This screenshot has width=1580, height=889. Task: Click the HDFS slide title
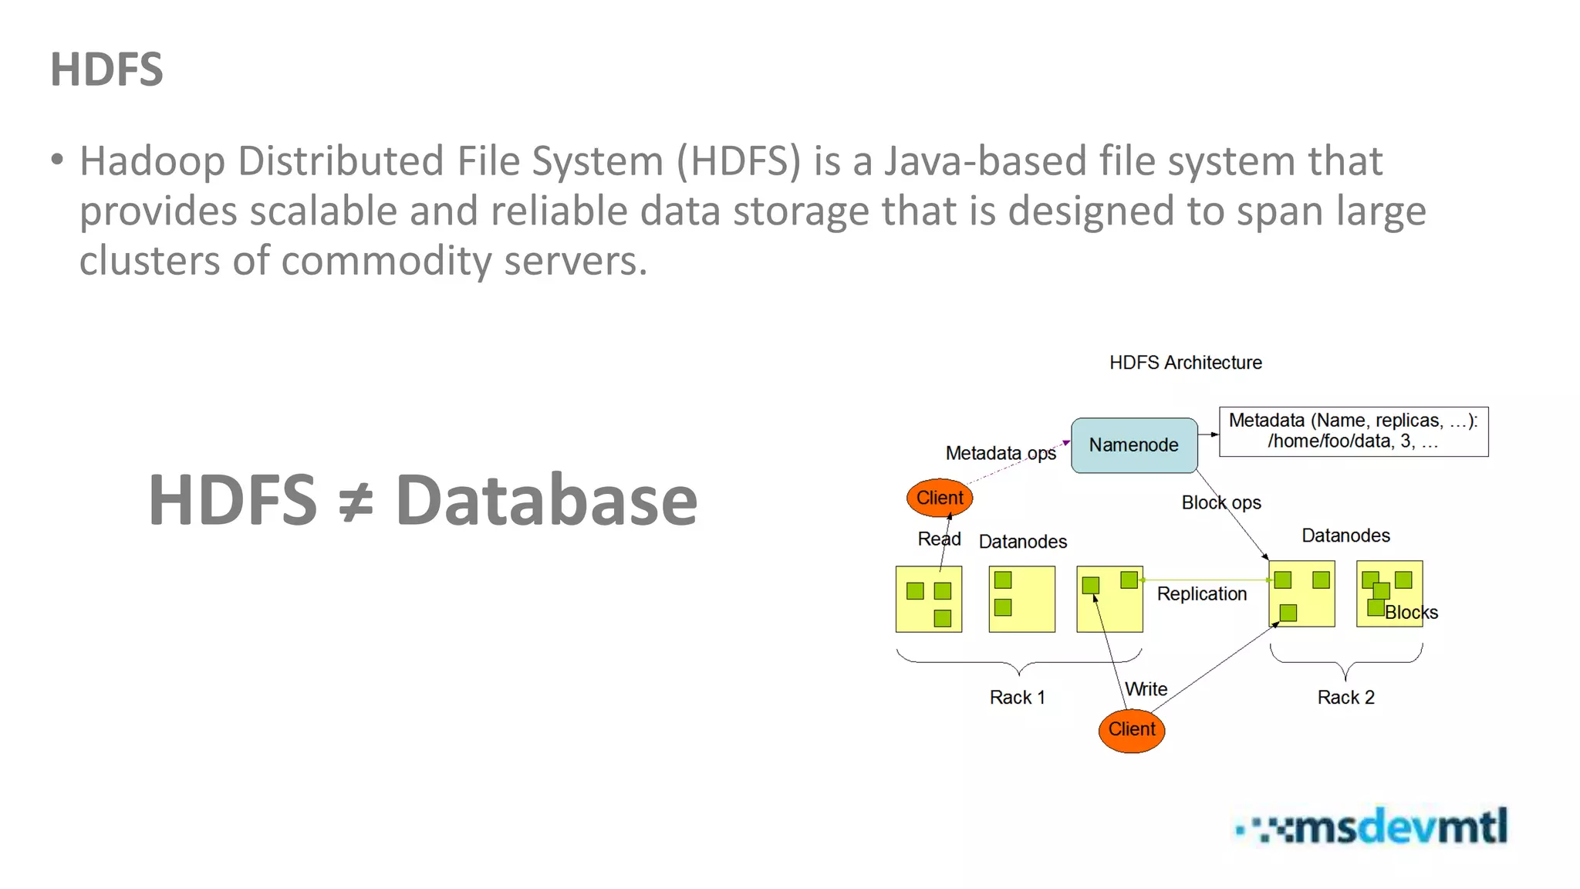pos(106,69)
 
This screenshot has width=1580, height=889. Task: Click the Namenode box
pos(1133,445)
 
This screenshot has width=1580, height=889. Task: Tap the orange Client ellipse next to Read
pos(939,498)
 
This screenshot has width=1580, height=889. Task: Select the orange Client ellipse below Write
pos(1131,729)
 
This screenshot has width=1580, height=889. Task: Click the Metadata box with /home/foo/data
pos(1353,431)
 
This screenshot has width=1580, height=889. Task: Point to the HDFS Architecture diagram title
pos(1185,363)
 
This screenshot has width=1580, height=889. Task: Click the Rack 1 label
pos(1017,698)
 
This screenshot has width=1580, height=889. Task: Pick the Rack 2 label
pos(1345,698)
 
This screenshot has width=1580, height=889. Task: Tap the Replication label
pos(1201,594)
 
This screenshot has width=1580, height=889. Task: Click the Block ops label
pos(1220,503)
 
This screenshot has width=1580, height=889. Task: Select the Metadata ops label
pos(1000,453)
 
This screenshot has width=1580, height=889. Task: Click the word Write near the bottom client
pos(1146,689)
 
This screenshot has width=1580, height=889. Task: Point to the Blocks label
pos(1411,613)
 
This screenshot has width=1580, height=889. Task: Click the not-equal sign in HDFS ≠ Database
pos(356,501)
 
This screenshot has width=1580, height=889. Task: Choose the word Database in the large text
pos(546,501)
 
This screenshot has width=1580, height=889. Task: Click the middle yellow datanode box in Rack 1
pos(1021,599)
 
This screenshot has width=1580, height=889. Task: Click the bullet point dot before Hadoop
pos(57,160)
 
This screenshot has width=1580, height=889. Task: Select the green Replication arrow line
pos(1204,580)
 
